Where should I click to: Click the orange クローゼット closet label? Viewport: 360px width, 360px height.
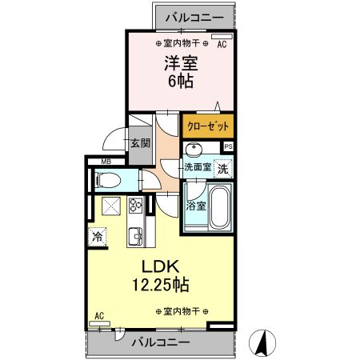point(208,126)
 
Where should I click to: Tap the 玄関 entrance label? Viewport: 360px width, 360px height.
point(140,144)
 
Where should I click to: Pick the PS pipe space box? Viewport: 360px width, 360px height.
point(228,146)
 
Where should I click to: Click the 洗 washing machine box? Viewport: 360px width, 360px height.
point(225,168)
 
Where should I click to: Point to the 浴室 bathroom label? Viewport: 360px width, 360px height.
point(195,205)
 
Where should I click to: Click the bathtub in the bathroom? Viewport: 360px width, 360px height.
point(218,206)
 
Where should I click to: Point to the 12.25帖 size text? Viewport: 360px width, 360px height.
point(161,283)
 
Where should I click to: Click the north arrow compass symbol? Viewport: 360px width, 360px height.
point(259,344)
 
